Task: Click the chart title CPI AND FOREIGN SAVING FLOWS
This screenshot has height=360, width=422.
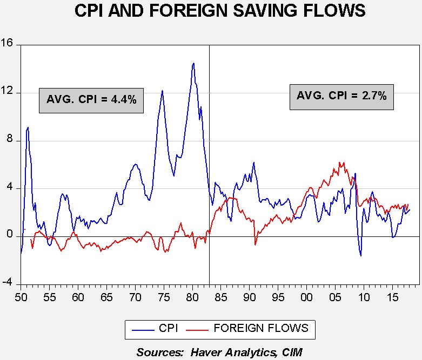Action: [x=211, y=11]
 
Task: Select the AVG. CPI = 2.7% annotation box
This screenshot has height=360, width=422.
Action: [x=341, y=97]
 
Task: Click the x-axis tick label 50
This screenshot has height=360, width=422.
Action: [x=21, y=296]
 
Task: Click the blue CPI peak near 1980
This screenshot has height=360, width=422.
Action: [x=193, y=63]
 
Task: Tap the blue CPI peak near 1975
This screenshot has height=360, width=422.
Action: [x=162, y=91]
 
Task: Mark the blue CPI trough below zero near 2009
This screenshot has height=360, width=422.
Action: [x=361, y=255]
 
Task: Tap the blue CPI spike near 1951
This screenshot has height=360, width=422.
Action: [x=28, y=127]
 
